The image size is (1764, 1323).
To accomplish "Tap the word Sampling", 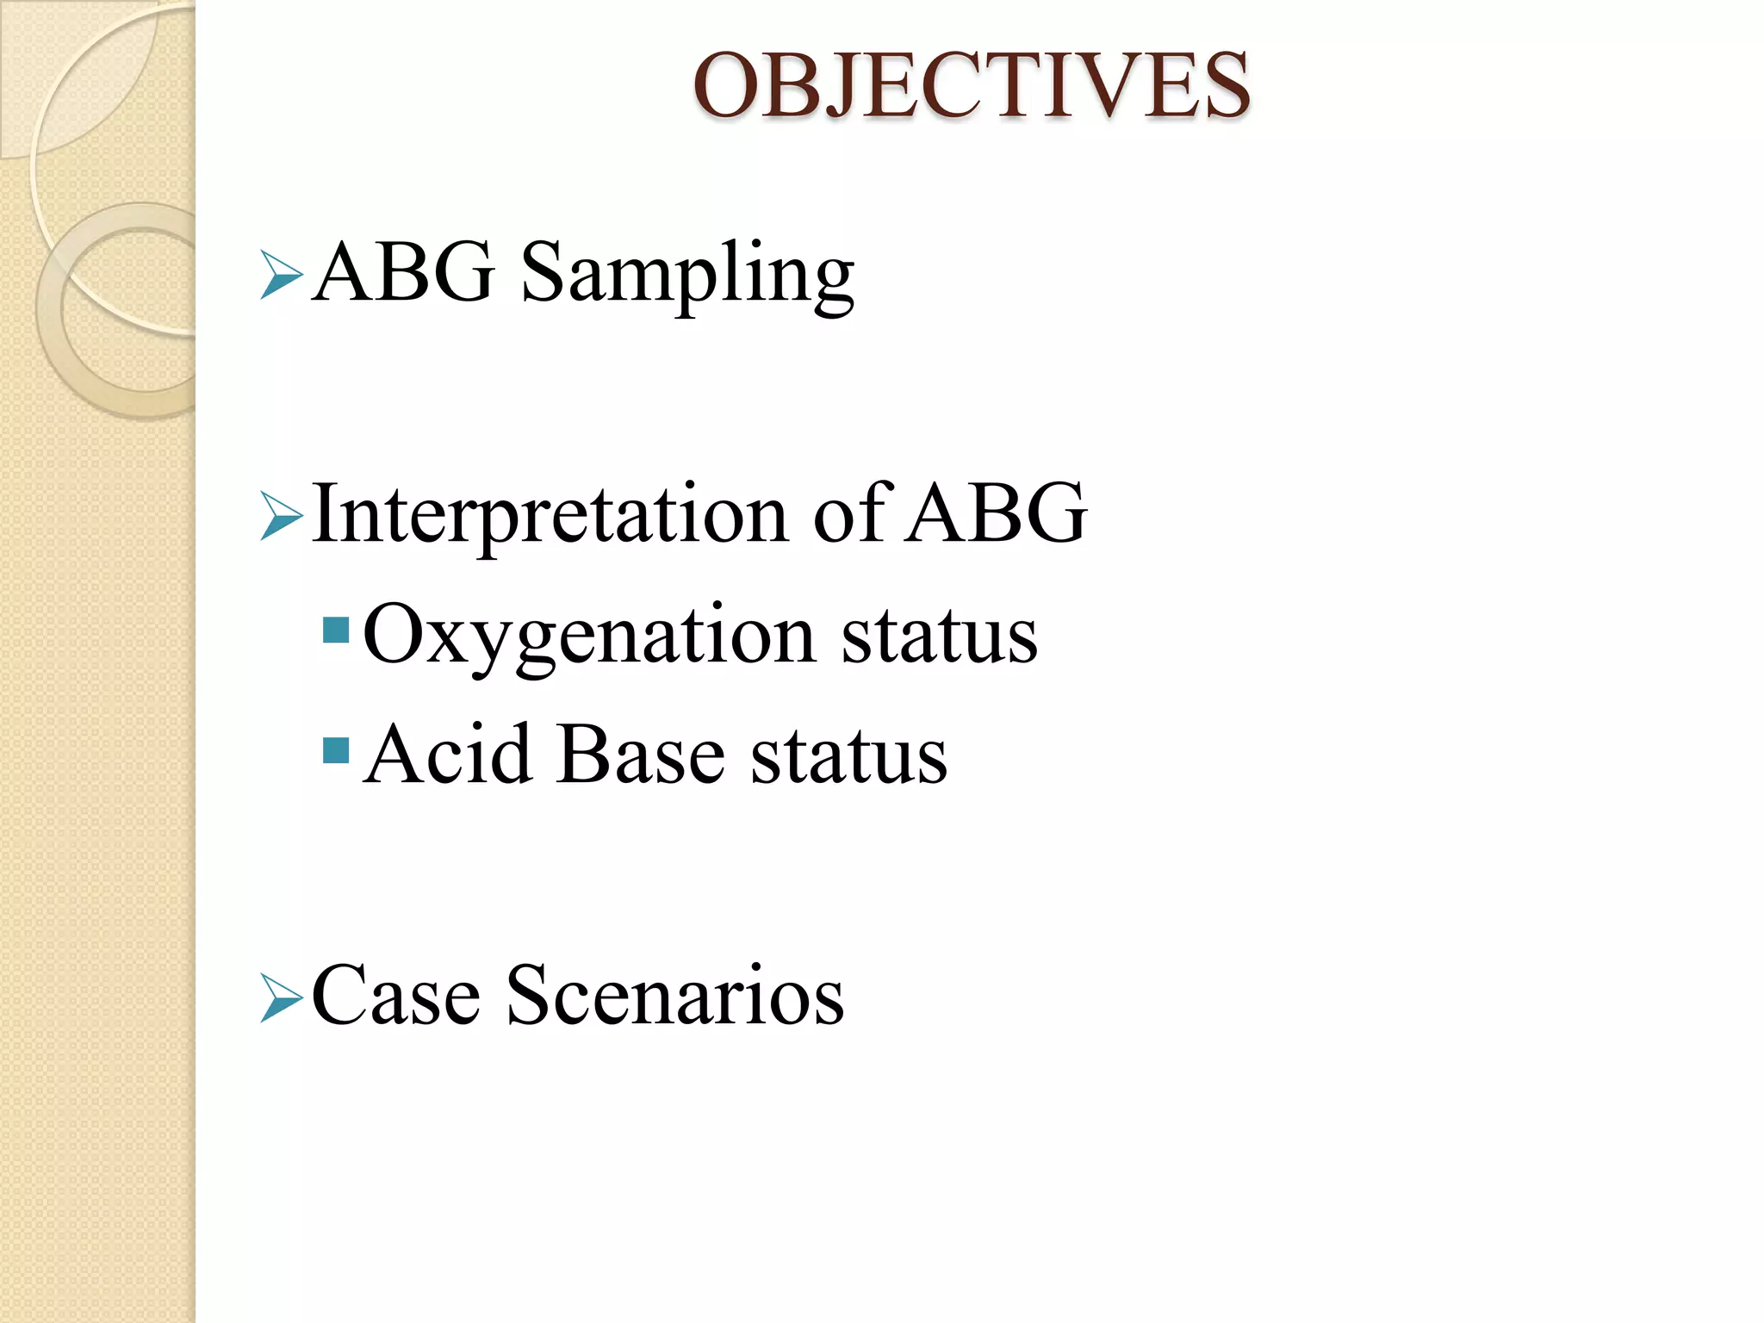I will pos(687,274).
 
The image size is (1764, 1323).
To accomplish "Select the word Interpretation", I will pos(550,515).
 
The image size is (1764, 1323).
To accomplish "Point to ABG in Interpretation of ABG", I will pos(997,513).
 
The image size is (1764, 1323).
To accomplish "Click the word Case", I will pos(395,996).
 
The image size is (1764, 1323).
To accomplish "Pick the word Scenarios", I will pos(675,996).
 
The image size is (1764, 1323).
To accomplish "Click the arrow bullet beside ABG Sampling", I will pos(281,276).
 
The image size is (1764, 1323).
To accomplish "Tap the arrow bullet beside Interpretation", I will pos(281,517).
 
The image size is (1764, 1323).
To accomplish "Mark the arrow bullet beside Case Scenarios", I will pos(281,999).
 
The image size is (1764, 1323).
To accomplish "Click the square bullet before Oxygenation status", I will pos(335,630).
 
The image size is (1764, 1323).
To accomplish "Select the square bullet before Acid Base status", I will pos(335,751).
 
